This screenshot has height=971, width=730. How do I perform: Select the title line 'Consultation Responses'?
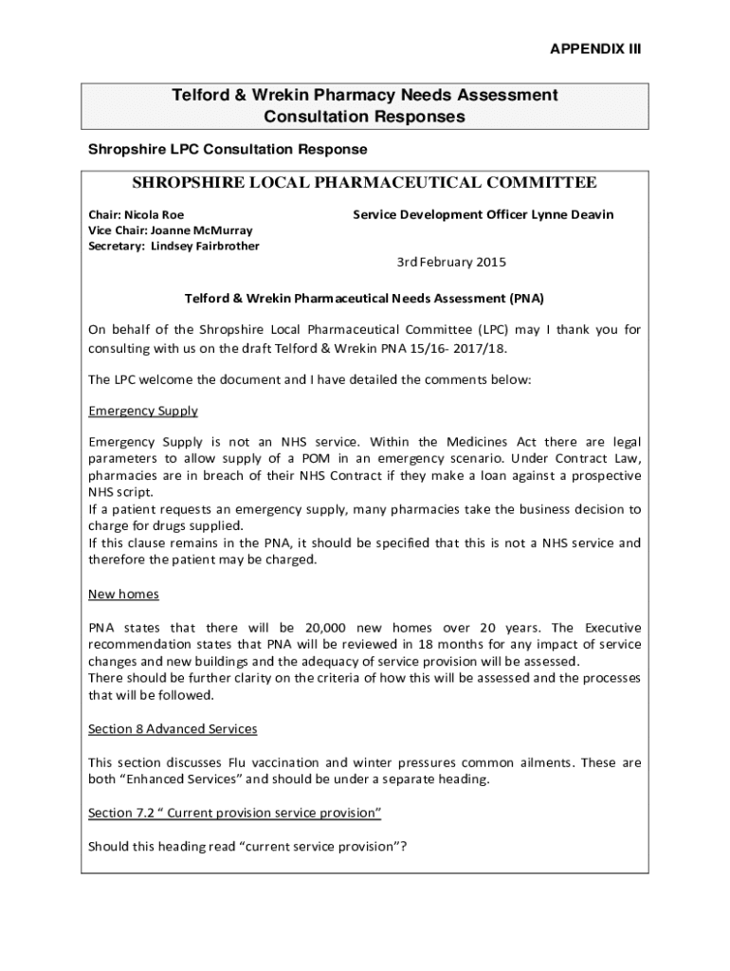coord(364,117)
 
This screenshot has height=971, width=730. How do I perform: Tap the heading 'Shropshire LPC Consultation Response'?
coord(228,150)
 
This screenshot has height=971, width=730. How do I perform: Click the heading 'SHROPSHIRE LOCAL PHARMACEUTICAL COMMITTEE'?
coord(364,183)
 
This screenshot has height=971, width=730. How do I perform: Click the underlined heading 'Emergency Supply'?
coord(143,411)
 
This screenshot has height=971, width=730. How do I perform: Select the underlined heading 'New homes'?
coord(123,594)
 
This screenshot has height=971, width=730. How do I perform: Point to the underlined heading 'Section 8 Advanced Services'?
coord(173,729)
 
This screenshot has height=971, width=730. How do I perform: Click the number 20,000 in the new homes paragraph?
coord(331,628)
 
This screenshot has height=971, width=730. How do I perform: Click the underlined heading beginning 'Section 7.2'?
coord(234,813)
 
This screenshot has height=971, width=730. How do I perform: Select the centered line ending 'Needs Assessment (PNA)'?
coord(364,298)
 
